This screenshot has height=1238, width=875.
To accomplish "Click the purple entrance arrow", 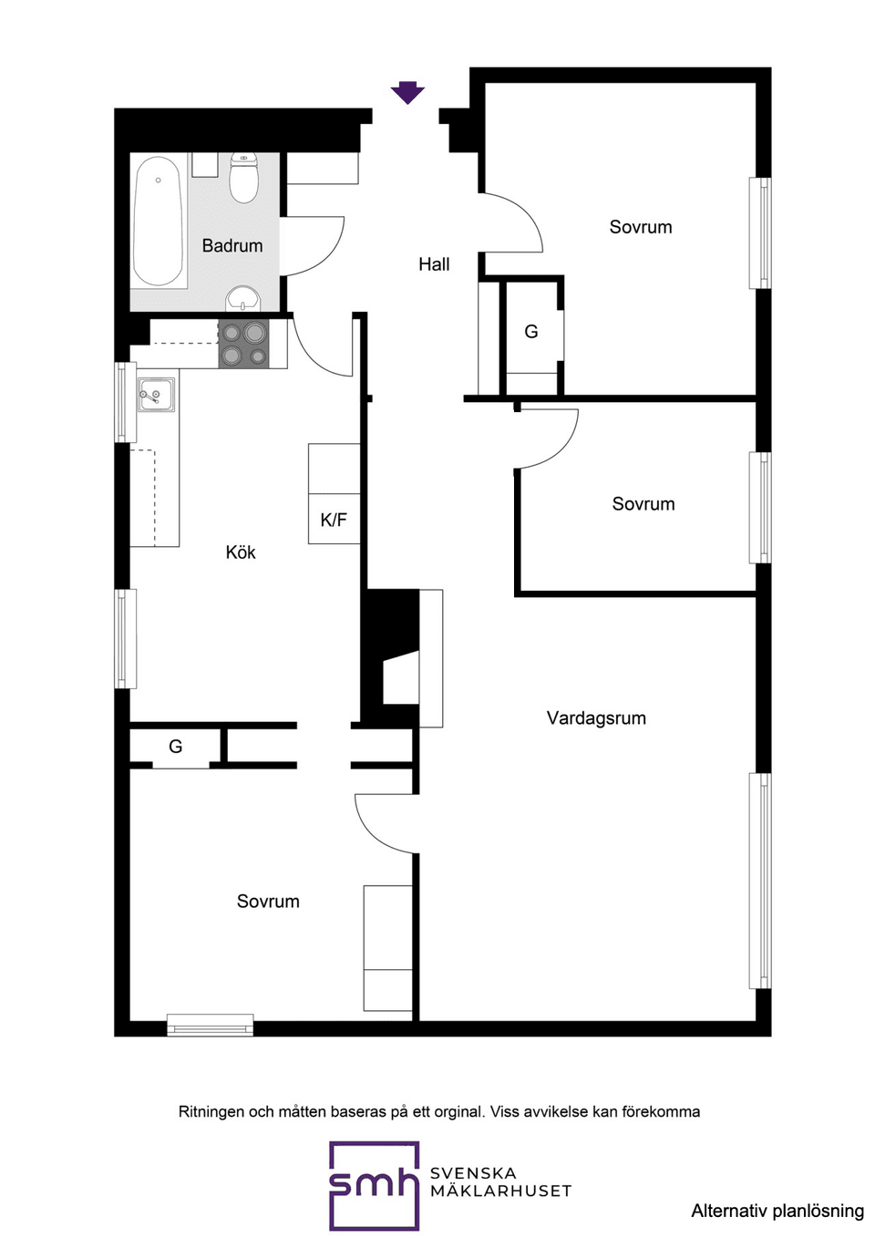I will pos(407,92).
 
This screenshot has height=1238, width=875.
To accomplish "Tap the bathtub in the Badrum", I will pos(158,222).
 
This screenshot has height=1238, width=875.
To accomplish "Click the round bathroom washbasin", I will pos(243,298).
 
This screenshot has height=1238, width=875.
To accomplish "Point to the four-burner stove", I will pos(243,345).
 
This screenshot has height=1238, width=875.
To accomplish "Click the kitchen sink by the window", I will pos(155,395).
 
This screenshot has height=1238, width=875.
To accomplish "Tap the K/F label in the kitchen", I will pos(334,520).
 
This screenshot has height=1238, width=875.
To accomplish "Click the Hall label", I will pos(434,264).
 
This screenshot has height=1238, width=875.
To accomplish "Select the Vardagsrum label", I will pos(596,717).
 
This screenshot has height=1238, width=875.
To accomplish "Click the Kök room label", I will pos(241,552).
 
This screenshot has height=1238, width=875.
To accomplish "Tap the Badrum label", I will pos(232,245).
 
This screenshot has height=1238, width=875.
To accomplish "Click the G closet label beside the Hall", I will pos(531,332).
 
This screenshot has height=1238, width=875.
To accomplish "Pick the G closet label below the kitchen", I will pos(176,747).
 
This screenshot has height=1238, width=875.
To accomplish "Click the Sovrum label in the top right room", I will pos(641,227).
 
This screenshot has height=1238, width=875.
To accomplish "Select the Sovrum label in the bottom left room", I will pos(268,901).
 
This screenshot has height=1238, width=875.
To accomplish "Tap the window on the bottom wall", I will pos(210,1026).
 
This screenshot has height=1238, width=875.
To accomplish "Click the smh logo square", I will pos(374,1184).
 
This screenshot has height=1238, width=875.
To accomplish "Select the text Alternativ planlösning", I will pos(777,1211).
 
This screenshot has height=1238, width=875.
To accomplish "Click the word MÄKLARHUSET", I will pos(500,1191).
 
